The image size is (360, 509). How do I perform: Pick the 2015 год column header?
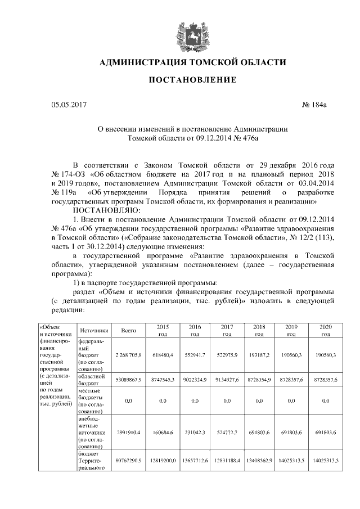tap(162, 330)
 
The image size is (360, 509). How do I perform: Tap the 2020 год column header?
tap(325, 330)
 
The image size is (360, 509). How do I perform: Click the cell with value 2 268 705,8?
tap(129, 355)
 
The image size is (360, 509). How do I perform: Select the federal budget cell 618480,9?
tap(162, 355)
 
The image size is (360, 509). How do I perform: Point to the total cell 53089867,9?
tap(129, 380)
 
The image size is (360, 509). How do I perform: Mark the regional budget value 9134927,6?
tap(227, 380)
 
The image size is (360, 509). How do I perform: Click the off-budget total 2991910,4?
tap(129, 432)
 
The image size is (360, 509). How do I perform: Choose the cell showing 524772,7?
tap(227, 432)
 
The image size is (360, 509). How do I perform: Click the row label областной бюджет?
tap(92, 380)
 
